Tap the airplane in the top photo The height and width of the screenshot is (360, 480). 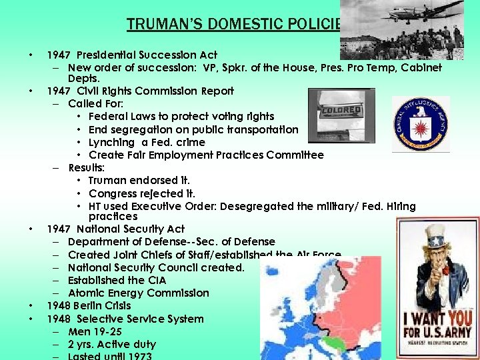tap(429, 13)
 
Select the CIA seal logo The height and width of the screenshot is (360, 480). tap(420, 125)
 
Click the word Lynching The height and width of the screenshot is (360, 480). tap(111, 142)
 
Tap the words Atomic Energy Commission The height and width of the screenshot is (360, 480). tap(139, 293)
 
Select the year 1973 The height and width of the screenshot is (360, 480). tap(138, 356)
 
